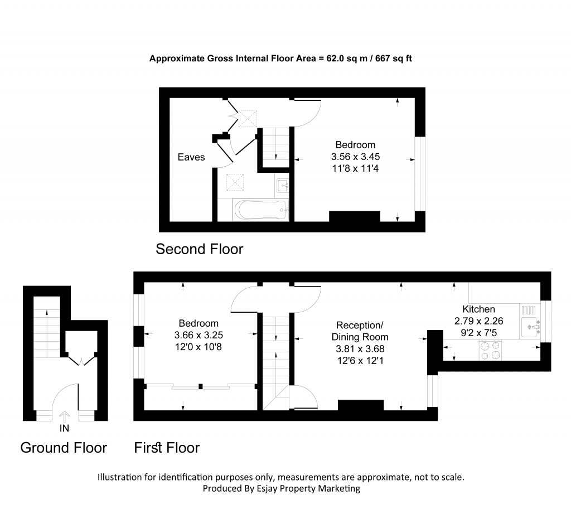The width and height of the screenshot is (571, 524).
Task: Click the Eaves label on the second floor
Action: click(x=191, y=157)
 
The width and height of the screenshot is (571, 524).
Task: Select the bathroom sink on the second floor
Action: click(x=282, y=185)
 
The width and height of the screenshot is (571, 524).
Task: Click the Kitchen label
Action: click(x=478, y=309)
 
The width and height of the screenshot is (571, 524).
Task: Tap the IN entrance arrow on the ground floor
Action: click(x=65, y=416)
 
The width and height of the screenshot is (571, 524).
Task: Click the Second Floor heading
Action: click(x=199, y=249)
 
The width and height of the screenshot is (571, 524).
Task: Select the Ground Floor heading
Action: click(x=64, y=448)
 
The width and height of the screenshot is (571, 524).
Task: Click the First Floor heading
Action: click(x=167, y=448)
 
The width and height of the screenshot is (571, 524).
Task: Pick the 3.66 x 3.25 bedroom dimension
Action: click(x=199, y=334)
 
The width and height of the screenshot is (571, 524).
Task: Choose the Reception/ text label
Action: click(x=360, y=325)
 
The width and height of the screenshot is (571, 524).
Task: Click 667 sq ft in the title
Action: click(x=389, y=58)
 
